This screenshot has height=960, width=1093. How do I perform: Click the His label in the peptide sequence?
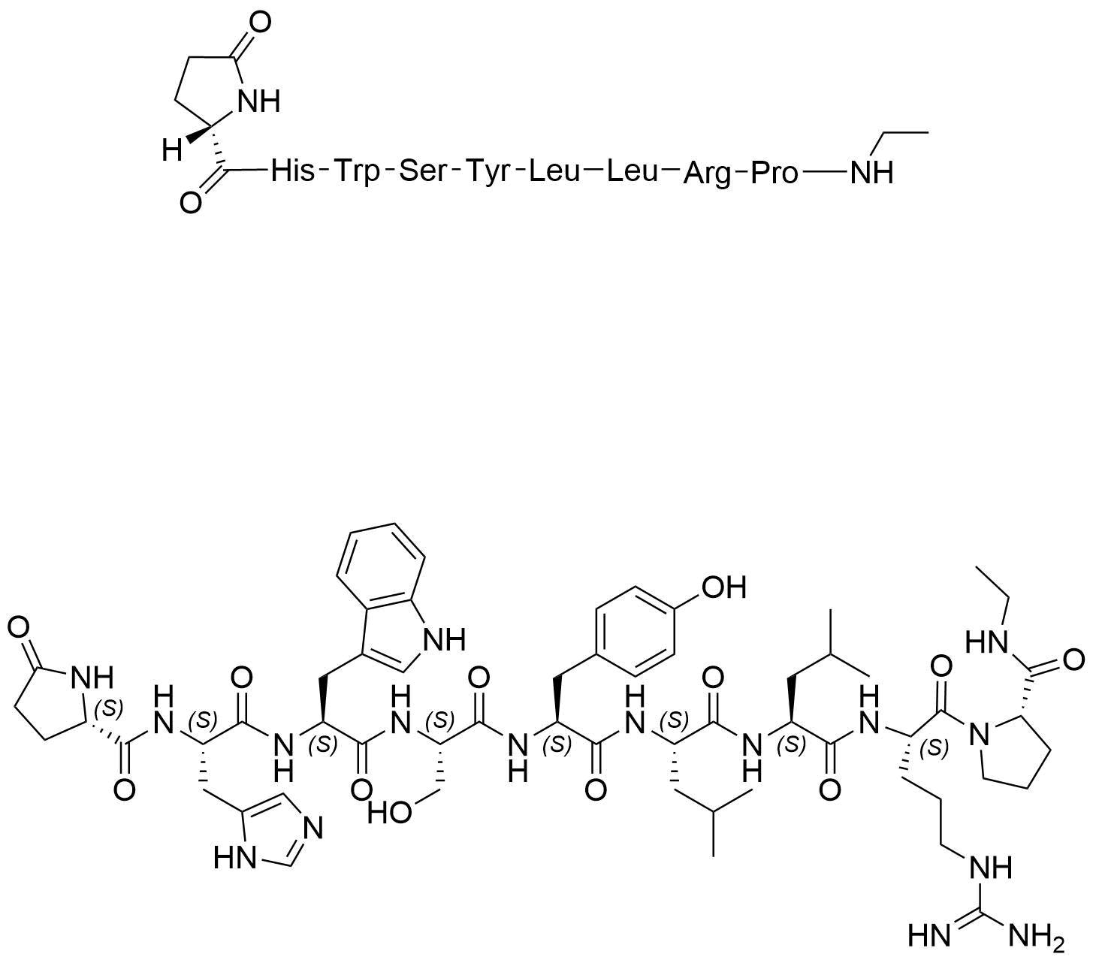click(x=292, y=172)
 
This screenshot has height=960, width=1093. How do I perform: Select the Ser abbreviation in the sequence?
click(x=424, y=172)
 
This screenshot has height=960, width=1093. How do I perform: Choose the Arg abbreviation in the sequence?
click(x=707, y=174)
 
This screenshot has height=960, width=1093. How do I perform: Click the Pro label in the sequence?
click(x=774, y=173)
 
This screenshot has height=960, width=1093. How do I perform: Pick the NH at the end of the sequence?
click(x=872, y=173)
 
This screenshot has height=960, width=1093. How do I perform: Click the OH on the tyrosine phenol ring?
click(x=723, y=587)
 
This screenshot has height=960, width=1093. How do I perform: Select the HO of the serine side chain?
click(x=390, y=811)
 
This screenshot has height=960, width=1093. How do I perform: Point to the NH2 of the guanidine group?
click(x=1036, y=936)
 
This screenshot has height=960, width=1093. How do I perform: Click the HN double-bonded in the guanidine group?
click(x=929, y=936)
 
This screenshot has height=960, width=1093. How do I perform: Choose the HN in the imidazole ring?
click(x=235, y=858)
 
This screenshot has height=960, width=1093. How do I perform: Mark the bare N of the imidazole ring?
click(x=313, y=827)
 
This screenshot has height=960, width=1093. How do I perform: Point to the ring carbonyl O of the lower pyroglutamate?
click(x=18, y=629)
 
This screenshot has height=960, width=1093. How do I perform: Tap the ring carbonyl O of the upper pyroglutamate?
click(x=259, y=23)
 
